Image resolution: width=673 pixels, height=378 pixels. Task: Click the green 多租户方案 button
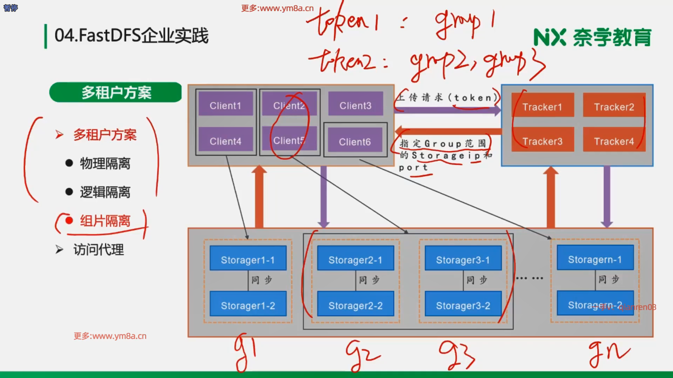click(116, 92)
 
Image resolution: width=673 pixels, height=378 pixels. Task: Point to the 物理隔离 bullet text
click(105, 163)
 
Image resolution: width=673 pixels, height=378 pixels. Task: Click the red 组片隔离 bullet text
click(105, 221)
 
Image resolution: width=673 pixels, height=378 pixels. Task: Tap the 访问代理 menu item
click(98, 250)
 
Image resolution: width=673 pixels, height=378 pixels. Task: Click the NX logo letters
click(550, 37)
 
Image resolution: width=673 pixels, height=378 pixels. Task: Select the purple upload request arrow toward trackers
click(447, 111)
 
